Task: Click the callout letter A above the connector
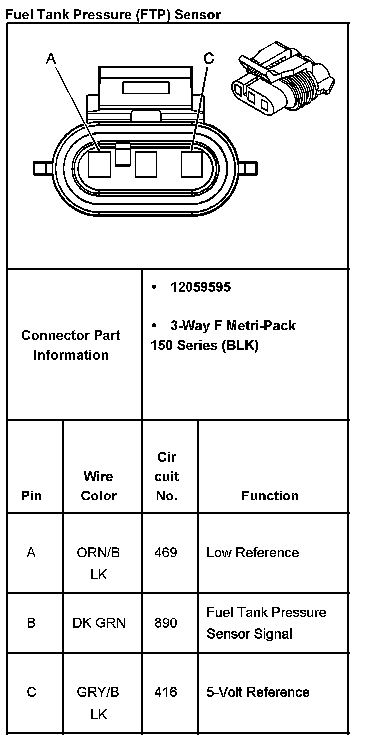pyautogui.click(x=51, y=59)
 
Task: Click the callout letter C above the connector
pyautogui.click(x=209, y=59)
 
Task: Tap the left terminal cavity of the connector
pyautogui.click(x=99, y=164)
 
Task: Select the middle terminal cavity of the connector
pyautogui.click(x=146, y=164)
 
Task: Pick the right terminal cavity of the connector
pyautogui.click(x=191, y=164)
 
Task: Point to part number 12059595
pyautogui.click(x=200, y=287)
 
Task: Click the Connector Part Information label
pyautogui.click(x=71, y=345)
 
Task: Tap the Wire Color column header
pyautogui.click(x=98, y=486)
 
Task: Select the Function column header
pyautogui.click(x=270, y=495)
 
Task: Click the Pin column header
pyautogui.click(x=31, y=495)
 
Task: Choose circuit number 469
pyautogui.click(x=166, y=552)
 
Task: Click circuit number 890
pyautogui.click(x=166, y=622)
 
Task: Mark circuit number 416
pyautogui.click(x=166, y=692)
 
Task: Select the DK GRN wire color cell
pyautogui.click(x=99, y=622)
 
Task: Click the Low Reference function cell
pyautogui.click(x=252, y=552)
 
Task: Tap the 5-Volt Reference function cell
pyautogui.click(x=258, y=692)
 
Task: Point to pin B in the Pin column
pyautogui.click(x=31, y=622)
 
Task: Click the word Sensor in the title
pyautogui.click(x=197, y=14)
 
